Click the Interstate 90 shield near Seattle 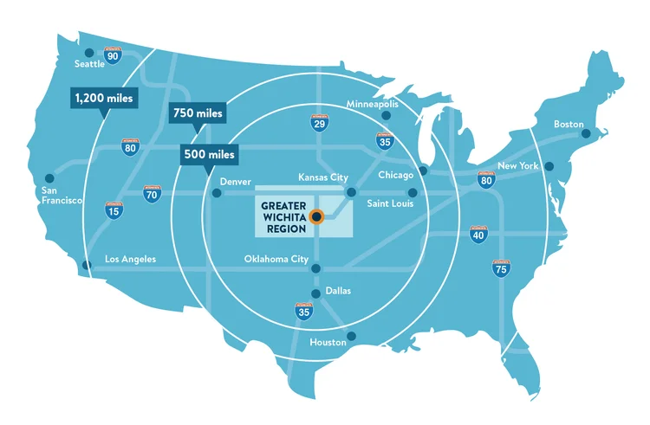click(x=113, y=55)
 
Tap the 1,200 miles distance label click(x=102, y=99)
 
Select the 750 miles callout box click(x=197, y=113)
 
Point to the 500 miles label click(x=208, y=155)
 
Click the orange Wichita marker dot click(x=317, y=216)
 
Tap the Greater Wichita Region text click(x=283, y=215)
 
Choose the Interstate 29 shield click(x=319, y=124)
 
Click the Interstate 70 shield click(x=151, y=193)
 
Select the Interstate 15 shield click(x=113, y=209)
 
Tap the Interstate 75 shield click(x=500, y=267)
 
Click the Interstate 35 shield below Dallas click(x=303, y=312)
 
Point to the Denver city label click(x=235, y=182)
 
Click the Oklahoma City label click(x=276, y=258)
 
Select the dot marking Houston click(x=350, y=336)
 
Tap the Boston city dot click(x=586, y=133)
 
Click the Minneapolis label click(x=373, y=104)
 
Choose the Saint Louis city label click(x=389, y=203)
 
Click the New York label click(x=517, y=165)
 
